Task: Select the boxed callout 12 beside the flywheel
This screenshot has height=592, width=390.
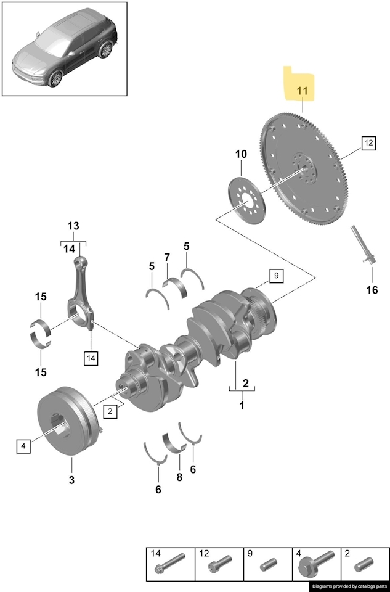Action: (x=368, y=143)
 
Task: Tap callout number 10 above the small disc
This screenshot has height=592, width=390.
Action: (x=240, y=154)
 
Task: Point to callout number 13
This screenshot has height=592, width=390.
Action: (x=73, y=226)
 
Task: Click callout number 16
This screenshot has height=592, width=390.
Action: (x=372, y=290)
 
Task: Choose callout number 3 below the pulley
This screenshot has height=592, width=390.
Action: (x=71, y=480)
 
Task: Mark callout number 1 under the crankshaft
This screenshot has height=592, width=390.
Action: (x=242, y=406)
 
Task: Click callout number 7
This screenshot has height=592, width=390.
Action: (x=167, y=257)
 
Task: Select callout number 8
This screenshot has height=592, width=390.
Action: (x=179, y=476)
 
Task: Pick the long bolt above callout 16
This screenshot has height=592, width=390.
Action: (x=362, y=247)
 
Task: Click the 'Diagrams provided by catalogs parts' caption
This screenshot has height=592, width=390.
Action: (x=349, y=586)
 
